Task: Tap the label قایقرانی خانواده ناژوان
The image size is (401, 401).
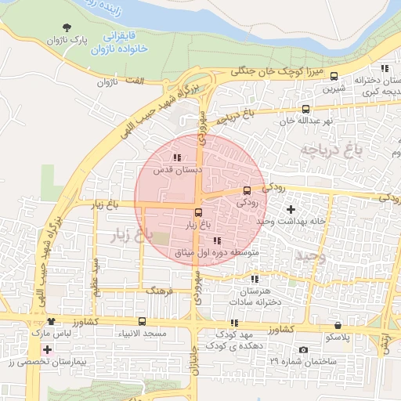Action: tap(121, 43)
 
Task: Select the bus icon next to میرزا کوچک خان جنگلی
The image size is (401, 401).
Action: tap(334, 76)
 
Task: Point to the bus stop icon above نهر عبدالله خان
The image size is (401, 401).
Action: tap(305, 110)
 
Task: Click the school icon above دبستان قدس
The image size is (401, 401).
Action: tap(176, 157)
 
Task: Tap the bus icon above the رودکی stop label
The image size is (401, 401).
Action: tap(247, 190)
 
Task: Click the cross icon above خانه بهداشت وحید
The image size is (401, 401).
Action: tap(291, 209)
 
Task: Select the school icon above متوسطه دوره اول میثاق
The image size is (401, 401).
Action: tap(217, 240)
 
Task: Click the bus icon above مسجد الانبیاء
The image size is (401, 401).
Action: tap(142, 321)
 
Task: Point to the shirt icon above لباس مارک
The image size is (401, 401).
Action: tap(52, 321)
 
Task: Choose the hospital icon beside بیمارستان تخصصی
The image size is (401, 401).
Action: tap(48, 349)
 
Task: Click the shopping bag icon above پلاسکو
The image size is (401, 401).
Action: tap(338, 324)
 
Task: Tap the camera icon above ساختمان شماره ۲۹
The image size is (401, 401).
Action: tap(304, 349)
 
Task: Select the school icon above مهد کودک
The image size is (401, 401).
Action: tap(233, 323)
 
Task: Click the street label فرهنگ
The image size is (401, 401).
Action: tap(157, 289)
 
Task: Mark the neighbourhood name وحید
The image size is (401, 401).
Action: tap(309, 255)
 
